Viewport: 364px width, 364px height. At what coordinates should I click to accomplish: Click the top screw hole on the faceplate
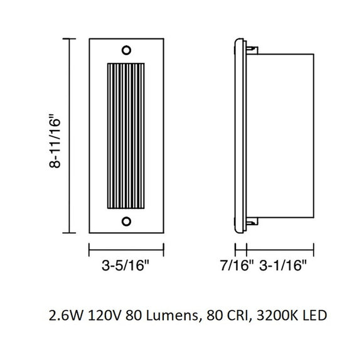(126, 50)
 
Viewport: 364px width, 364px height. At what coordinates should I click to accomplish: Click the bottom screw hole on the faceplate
(126, 220)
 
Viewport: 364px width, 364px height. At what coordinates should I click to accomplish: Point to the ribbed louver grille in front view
(126, 135)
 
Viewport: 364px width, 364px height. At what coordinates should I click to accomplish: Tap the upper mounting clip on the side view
(252, 47)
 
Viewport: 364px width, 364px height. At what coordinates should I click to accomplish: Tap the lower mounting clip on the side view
(252, 222)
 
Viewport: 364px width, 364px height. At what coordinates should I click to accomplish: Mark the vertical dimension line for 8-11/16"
(70, 135)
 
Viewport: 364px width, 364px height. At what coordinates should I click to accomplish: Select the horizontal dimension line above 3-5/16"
(126, 249)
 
